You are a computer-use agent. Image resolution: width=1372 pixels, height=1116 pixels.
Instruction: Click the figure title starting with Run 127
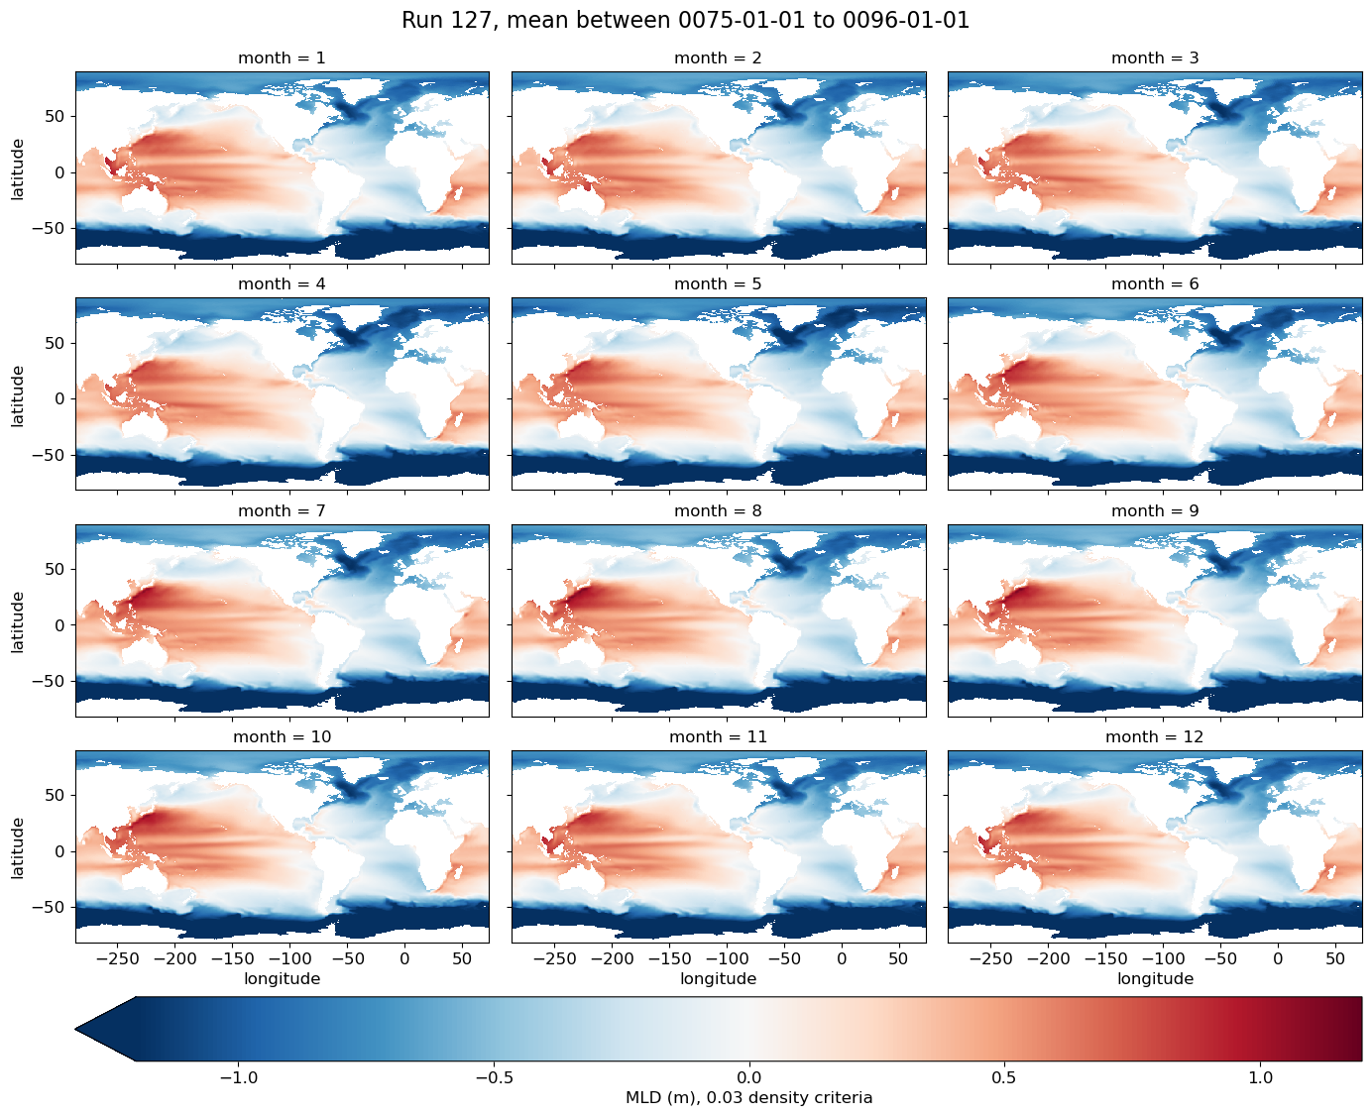[x=685, y=21]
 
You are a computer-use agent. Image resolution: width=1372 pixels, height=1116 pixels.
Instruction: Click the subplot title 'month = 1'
[x=283, y=57]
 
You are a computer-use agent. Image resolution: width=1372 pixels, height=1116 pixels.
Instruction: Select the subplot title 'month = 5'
[x=718, y=284]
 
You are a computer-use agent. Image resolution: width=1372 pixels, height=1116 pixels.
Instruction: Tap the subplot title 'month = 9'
[x=1155, y=510]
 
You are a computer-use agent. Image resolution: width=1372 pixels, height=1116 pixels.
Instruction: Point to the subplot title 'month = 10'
[x=283, y=736]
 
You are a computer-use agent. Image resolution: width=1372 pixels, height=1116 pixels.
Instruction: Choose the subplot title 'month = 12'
[x=1155, y=736]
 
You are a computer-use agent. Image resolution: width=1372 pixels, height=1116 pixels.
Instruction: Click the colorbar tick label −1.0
[x=238, y=1078]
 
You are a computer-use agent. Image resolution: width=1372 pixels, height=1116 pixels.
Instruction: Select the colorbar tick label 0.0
[x=749, y=1078]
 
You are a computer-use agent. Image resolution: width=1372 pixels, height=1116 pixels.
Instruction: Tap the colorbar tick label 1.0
[x=1261, y=1078]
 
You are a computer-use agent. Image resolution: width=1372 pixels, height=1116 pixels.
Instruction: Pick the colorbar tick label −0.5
[x=494, y=1078]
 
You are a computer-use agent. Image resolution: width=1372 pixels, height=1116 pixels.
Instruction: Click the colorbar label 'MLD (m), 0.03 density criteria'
[x=749, y=1098]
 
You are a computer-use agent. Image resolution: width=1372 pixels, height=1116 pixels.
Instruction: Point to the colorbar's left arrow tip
[x=76, y=1029]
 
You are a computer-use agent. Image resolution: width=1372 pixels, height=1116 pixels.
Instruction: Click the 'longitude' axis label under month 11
[x=718, y=979]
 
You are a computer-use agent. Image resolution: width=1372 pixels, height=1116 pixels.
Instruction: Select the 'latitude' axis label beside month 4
[x=18, y=396]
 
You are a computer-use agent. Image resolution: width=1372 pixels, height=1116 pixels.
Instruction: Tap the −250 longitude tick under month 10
[x=118, y=958]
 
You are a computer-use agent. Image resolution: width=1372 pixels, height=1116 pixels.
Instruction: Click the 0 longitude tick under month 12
[x=1278, y=958]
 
